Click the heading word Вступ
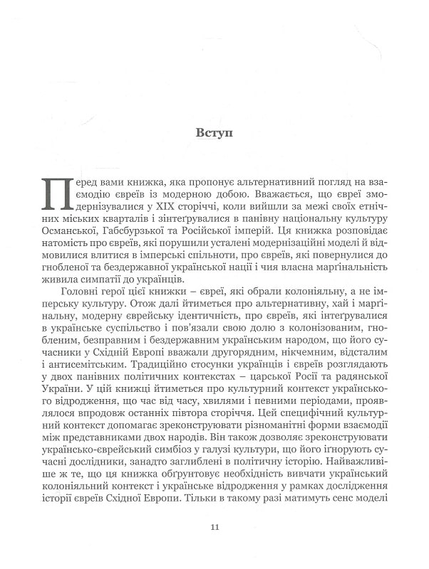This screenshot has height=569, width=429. (x=214, y=132)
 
